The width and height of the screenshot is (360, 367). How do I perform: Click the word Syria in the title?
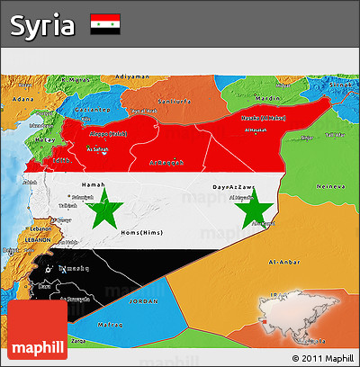tap(42, 25)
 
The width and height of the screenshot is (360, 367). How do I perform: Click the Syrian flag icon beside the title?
tap(105, 24)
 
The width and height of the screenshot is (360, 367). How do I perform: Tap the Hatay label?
tap(43, 139)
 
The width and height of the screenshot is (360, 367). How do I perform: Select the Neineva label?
tap(333, 185)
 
